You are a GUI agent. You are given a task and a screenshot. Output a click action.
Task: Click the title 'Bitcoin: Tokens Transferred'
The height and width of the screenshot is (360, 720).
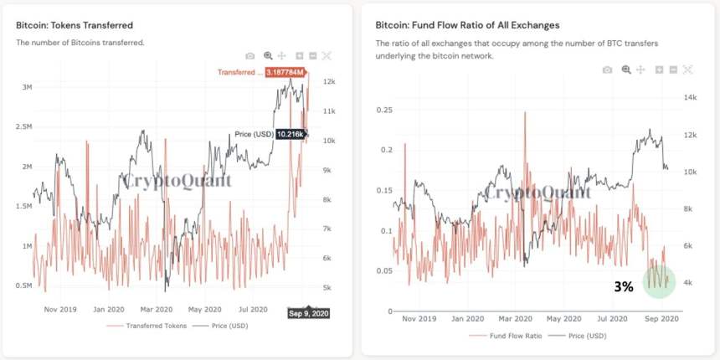coord(75,25)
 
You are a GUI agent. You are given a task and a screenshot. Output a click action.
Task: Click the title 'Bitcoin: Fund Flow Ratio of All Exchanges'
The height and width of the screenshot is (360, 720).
coord(467,25)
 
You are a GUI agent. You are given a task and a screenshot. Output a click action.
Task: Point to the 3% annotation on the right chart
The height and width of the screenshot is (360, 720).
coord(623,286)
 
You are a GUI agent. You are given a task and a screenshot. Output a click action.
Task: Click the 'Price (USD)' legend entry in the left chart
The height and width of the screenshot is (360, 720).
coord(225,325)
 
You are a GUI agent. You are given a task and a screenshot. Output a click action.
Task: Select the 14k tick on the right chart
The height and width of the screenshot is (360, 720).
coord(691,98)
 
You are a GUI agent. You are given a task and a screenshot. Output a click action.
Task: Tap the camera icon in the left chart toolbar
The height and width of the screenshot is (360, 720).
coord(250,55)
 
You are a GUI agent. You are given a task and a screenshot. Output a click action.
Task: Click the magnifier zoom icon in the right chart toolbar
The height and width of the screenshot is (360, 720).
coord(626,70)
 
